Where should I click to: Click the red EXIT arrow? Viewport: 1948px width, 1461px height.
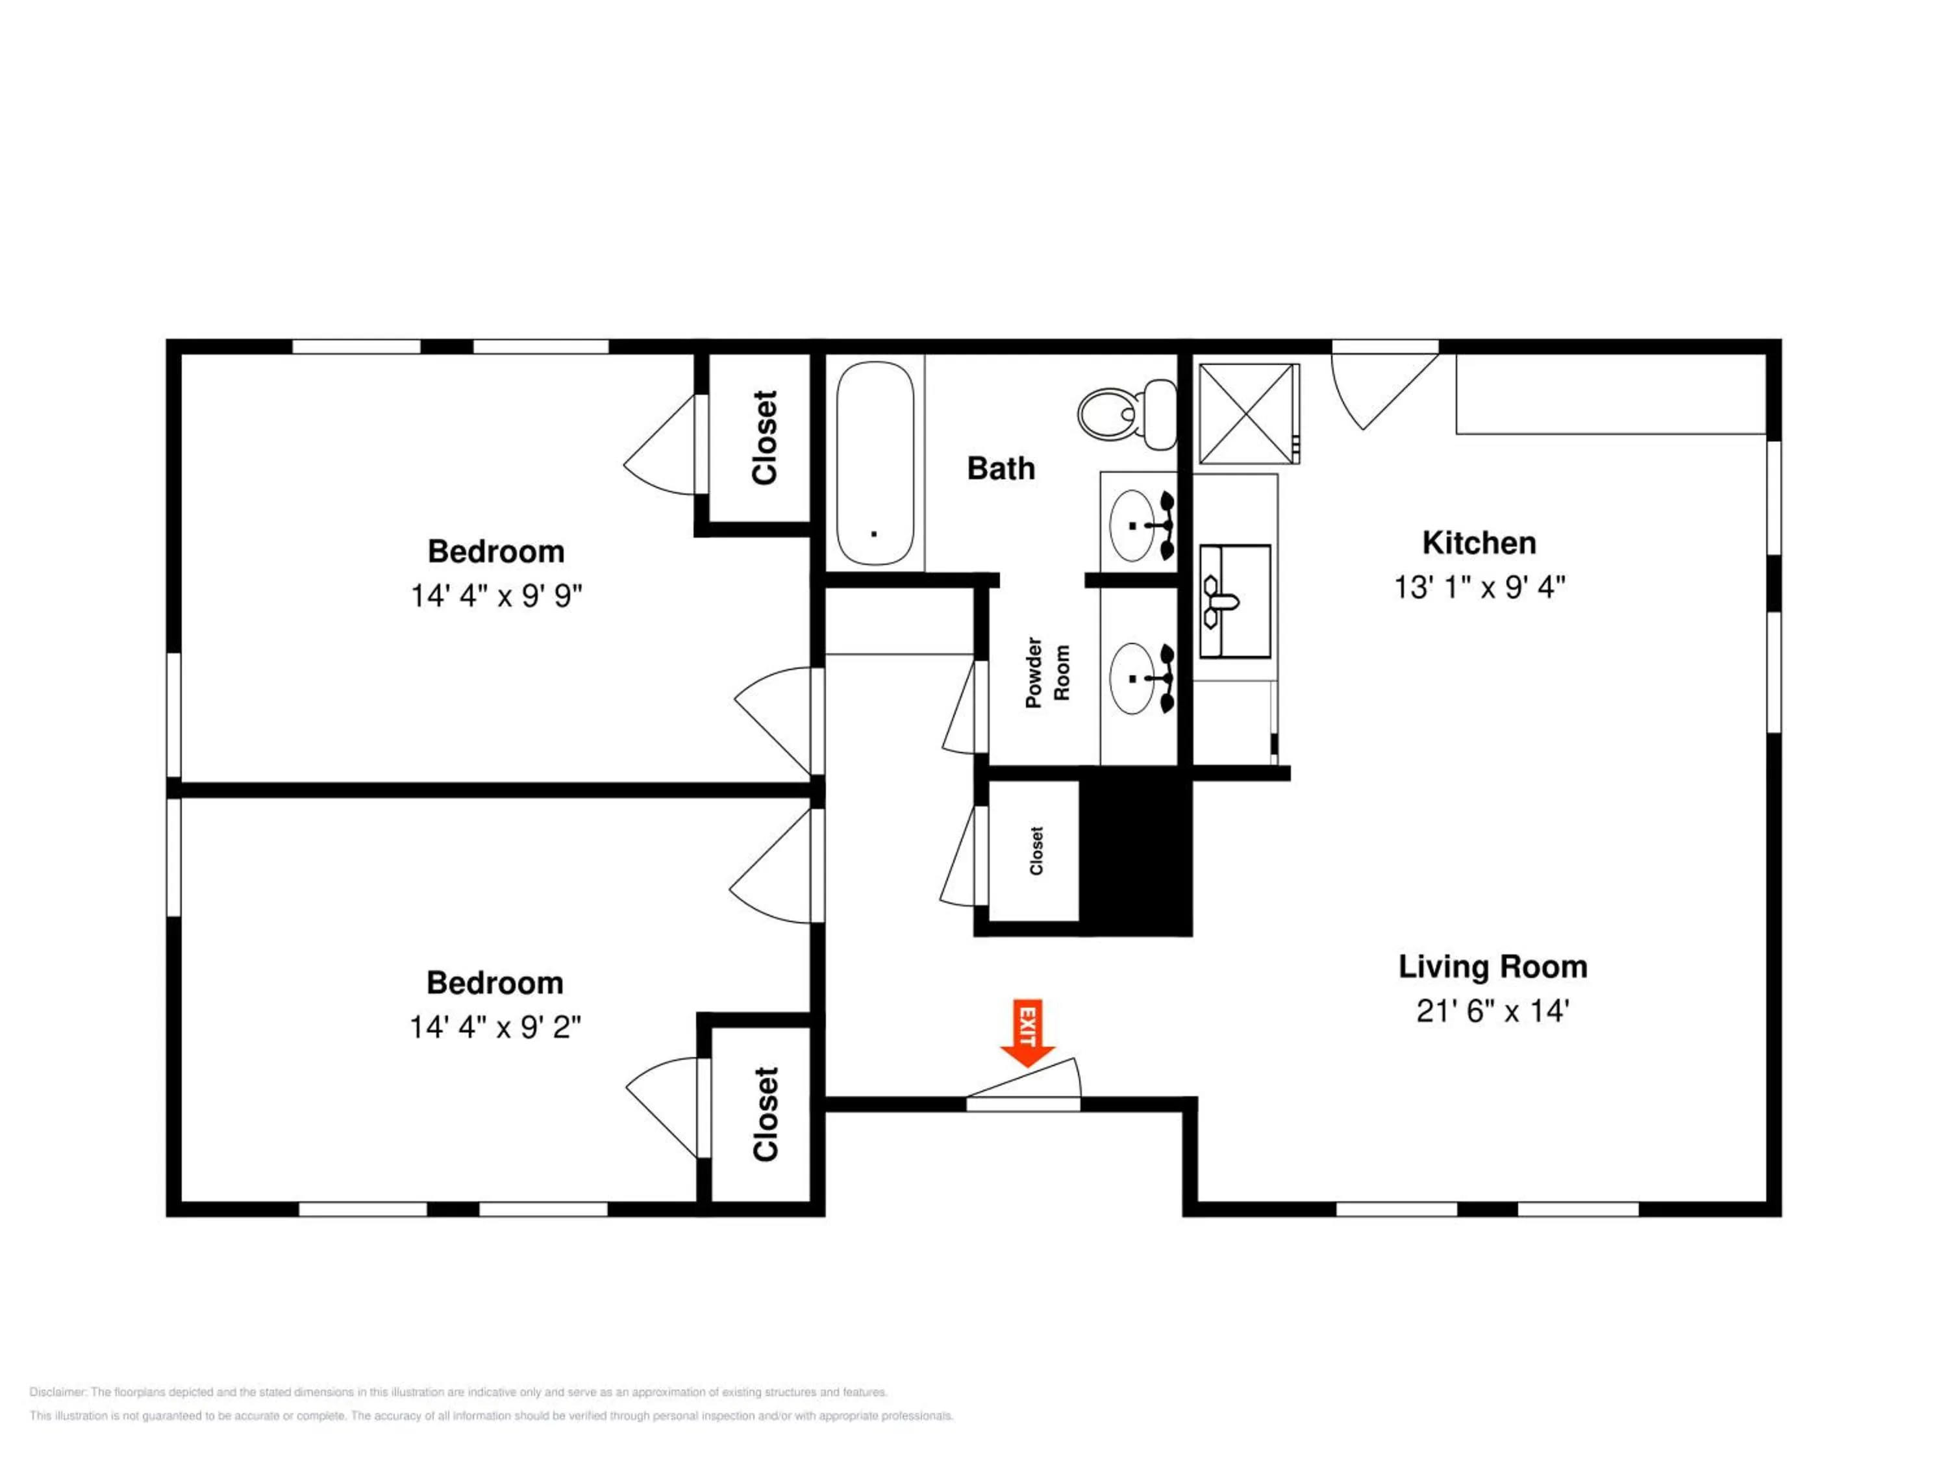coord(1027,1032)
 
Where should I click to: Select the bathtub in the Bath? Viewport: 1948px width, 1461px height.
coord(875,463)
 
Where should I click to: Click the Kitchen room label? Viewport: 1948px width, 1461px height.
coord(1479,542)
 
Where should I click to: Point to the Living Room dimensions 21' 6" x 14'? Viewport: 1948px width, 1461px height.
coord(1493,1010)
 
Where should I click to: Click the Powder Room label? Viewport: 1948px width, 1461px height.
coord(1048,673)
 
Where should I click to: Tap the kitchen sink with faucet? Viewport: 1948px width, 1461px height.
coord(1234,601)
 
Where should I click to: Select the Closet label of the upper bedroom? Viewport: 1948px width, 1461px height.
coord(764,437)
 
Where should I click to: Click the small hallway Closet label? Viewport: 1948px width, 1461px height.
coord(1036,851)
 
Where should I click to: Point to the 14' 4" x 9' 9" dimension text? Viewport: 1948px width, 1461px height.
coord(496,595)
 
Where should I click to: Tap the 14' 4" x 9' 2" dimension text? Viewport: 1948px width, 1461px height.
coord(495,1027)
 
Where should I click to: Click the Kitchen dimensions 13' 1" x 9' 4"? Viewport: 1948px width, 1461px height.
coord(1479,586)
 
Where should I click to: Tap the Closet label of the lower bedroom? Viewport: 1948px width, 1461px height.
coord(766,1114)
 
